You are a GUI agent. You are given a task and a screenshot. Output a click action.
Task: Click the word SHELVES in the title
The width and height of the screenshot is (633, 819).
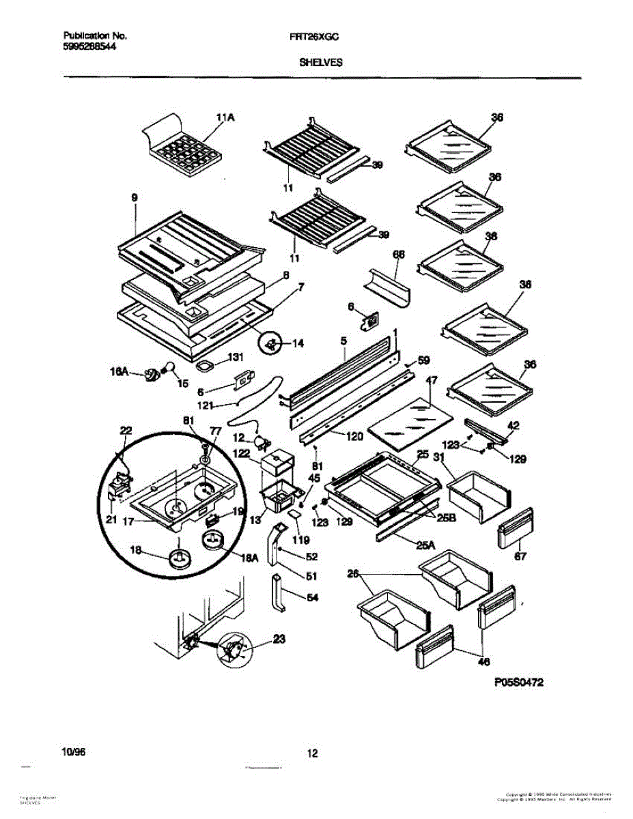click(320, 61)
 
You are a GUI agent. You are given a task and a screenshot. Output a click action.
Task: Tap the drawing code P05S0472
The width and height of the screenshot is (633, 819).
click(514, 682)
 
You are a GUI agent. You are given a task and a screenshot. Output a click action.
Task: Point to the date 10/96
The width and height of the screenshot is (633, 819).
click(74, 751)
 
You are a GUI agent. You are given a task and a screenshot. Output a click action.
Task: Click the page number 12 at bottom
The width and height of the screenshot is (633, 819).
click(313, 753)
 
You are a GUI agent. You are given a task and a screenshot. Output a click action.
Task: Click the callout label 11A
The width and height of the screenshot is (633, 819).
click(225, 118)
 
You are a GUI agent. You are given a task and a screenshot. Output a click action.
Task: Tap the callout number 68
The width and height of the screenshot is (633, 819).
click(399, 255)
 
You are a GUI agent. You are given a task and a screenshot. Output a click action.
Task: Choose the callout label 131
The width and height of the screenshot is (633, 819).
click(235, 356)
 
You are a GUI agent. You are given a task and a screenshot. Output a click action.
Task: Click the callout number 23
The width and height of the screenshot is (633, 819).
click(279, 640)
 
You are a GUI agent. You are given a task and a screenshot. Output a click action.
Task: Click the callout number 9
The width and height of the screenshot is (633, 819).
click(135, 198)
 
